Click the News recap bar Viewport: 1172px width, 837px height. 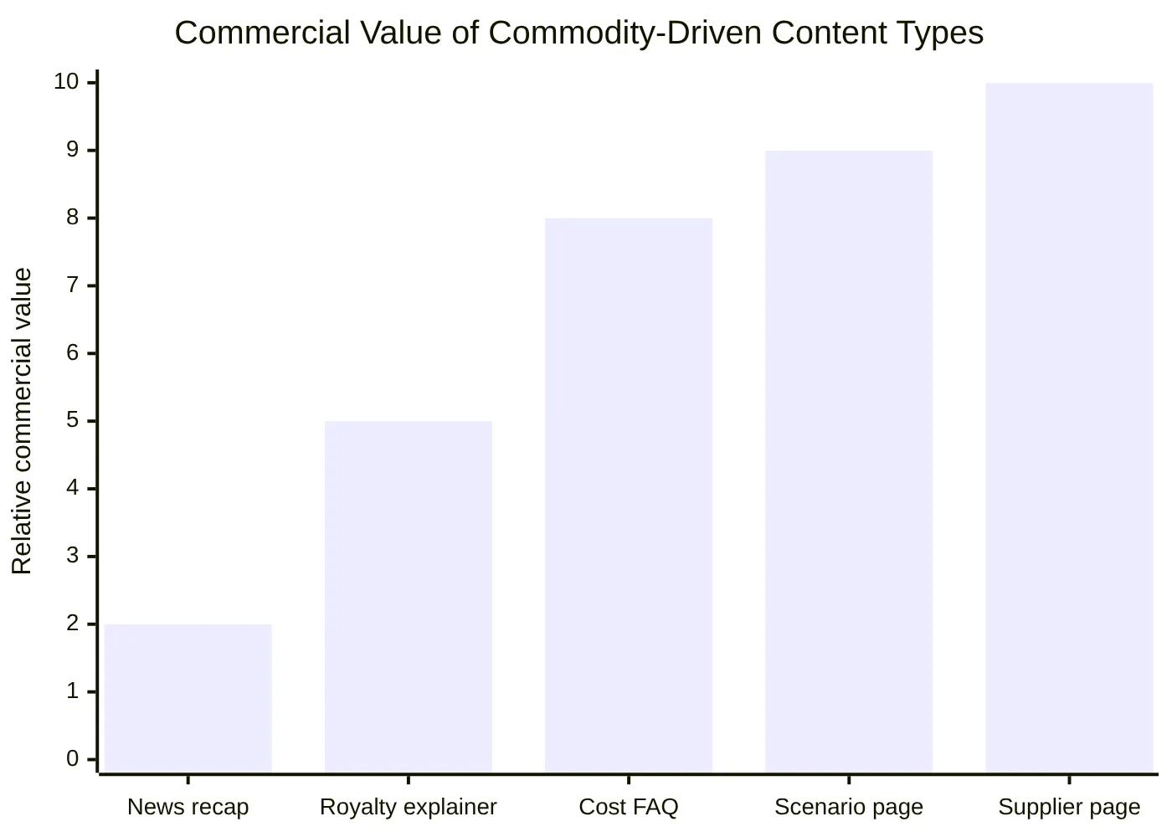pos(188,698)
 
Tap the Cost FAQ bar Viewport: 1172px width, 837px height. pos(629,495)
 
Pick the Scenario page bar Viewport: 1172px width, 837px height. pos(849,461)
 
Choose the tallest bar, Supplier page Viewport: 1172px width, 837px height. pos(1069,427)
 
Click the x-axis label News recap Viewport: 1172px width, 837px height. pos(188,807)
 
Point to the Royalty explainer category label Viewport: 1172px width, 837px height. pos(409,807)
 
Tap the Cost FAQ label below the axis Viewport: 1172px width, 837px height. pos(629,807)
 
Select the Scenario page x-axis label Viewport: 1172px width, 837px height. pos(849,807)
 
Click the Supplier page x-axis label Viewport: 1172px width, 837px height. pos(1069,807)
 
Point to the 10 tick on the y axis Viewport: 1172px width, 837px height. pos(66,82)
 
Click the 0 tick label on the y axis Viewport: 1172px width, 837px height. pos(72,759)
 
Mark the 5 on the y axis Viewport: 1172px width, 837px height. pos(72,420)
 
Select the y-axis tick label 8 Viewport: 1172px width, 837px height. pos(72,218)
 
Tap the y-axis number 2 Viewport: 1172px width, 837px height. pos(72,624)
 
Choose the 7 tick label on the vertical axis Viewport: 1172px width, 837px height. pos(72,285)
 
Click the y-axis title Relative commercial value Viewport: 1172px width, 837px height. pos(22,421)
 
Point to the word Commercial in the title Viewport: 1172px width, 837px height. pos(262,33)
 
